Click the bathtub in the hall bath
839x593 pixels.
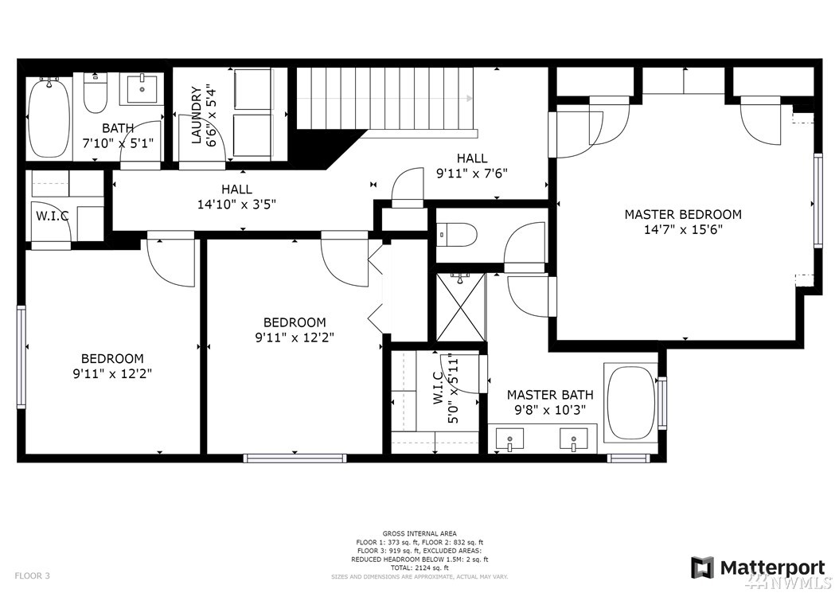point(47,118)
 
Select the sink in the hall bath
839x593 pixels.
point(142,88)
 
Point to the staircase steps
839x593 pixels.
point(386,97)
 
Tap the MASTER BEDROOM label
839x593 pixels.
point(682,214)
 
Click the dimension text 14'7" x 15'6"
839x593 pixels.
point(682,229)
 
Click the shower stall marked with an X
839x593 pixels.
point(460,307)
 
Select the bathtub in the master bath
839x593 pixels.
point(630,403)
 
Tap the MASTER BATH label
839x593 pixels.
point(549,395)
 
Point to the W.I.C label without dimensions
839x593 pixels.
point(52,216)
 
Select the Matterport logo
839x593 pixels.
point(757,568)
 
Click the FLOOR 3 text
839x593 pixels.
point(31,575)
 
